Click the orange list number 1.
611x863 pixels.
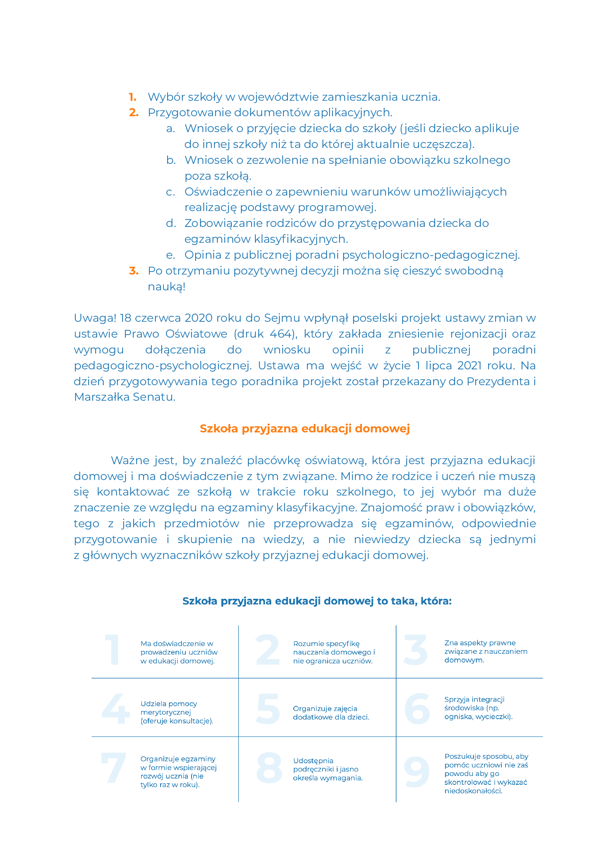pyautogui.click(x=132, y=97)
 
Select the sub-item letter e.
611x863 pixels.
pyautogui.click(x=170, y=255)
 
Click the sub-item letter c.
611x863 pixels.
pyautogui.click(x=170, y=192)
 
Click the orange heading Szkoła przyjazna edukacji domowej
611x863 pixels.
pyautogui.click(x=305, y=428)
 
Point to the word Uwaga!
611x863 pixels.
pyautogui.click(x=95, y=318)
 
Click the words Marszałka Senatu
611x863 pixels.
pyautogui.click(x=125, y=397)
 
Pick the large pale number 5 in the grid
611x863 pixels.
pyautogui.click(x=268, y=710)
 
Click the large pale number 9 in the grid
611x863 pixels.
pyautogui.click(x=417, y=772)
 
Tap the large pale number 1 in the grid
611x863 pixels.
pyautogui.click(x=113, y=650)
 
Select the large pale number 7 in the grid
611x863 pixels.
pyautogui.click(x=113, y=768)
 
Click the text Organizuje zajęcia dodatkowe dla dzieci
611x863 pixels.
pyautogui.click(x=331, y=713)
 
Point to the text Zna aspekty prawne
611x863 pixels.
pyautogui.click(x=480, y=643)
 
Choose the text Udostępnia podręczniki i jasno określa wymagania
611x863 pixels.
pyautogui.click(x=327, y=769)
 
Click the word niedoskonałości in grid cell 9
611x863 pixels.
pyautogui.click(x=473, y=791)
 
